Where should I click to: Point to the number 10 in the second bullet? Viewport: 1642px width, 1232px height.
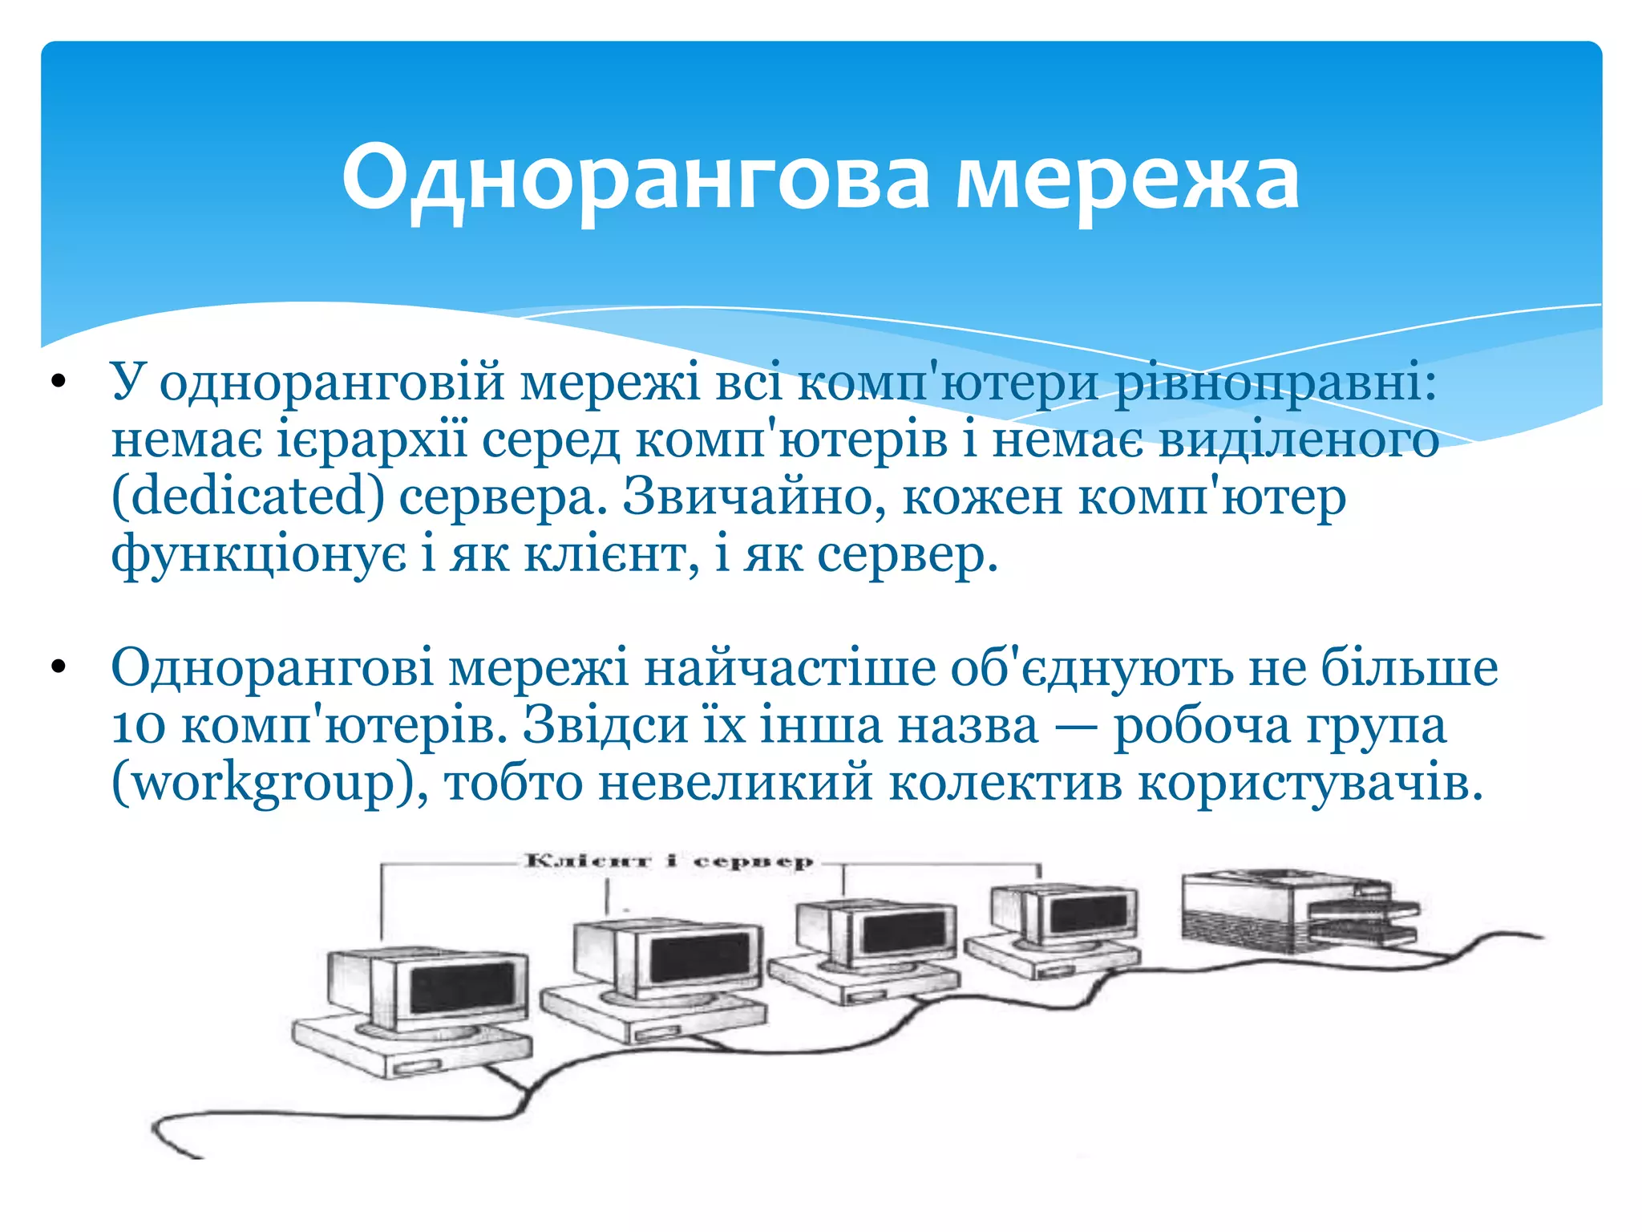coord(138,727)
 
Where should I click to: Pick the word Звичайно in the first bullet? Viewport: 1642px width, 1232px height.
coord(754,496)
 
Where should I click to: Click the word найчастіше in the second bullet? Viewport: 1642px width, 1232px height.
coord(790,668)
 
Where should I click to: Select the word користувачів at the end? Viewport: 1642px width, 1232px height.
coord(1310,782)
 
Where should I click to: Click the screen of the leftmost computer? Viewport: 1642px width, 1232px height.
coord(461,988)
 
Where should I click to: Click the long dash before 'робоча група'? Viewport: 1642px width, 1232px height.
coord(1076,727)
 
